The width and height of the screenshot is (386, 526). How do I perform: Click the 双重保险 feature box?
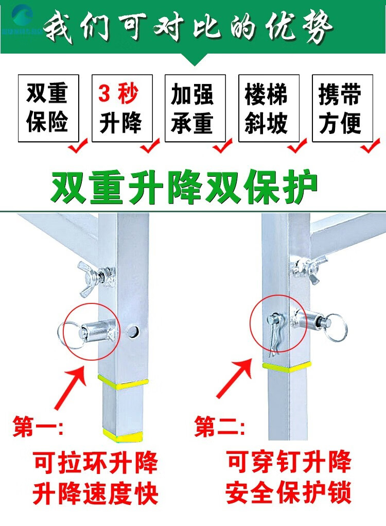[x=48, y=108]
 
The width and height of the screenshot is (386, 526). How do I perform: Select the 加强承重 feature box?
[x=196, y=108]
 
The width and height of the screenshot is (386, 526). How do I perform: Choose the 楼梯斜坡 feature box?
[x=269, y=108]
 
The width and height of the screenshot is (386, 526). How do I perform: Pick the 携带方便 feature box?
[x=342, y=108]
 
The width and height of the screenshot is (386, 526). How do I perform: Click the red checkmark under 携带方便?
[x=370, y=146]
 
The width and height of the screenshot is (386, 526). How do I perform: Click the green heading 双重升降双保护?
[x=184, y=186]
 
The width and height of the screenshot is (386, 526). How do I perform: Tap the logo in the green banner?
[x=22, y=21]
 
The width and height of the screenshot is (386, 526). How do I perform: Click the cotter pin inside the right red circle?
[x=275, y=333]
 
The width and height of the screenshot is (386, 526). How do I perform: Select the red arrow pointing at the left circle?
[x=71, y=387]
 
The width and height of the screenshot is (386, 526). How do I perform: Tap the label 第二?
[x=220, y=427]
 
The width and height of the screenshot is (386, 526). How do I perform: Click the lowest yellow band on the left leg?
[x=123, y=436]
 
